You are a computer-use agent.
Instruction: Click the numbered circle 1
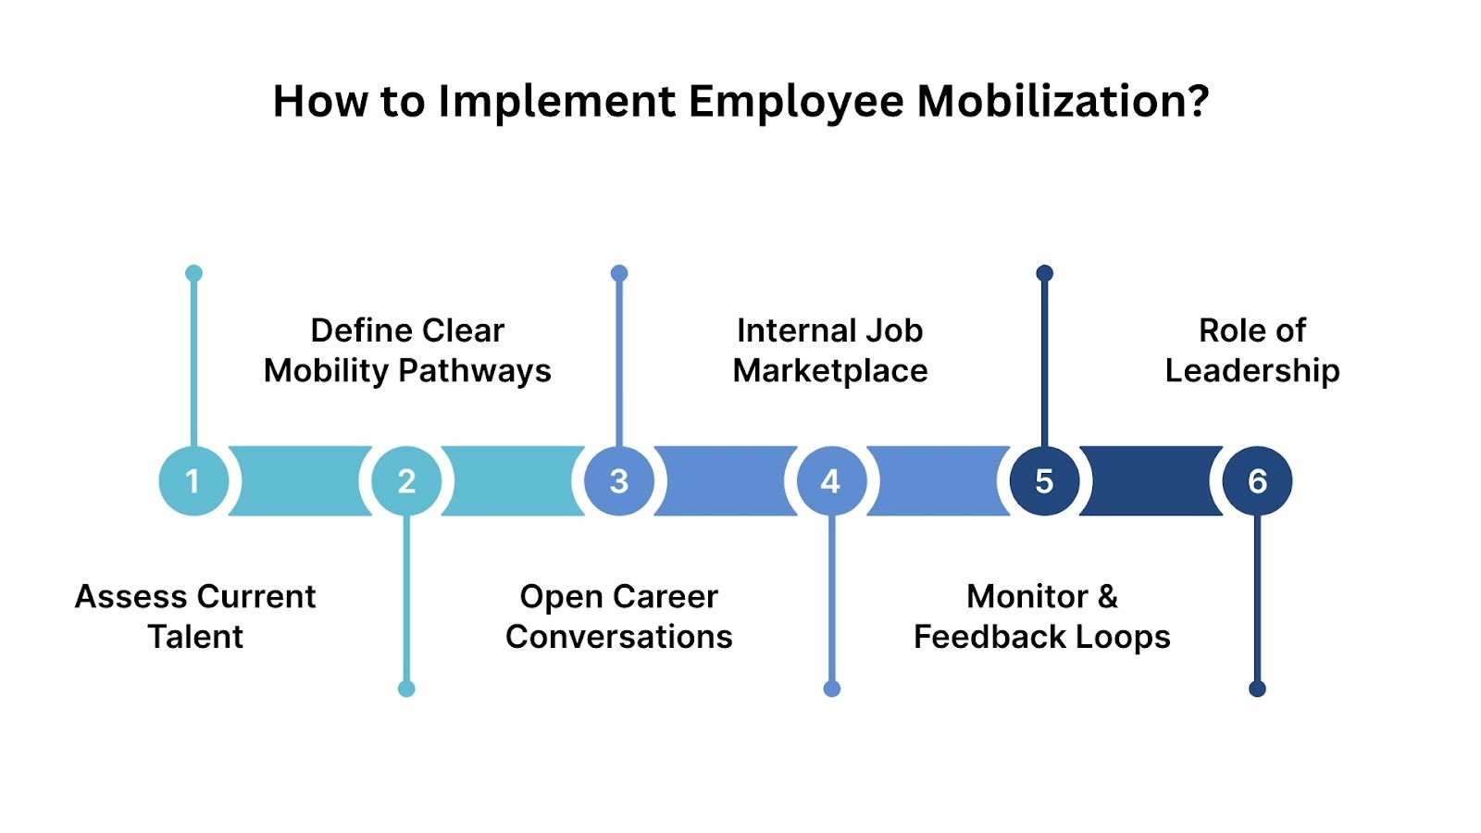tap(193, 481)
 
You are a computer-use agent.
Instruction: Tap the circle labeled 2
tap(406, 481)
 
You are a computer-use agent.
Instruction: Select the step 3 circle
tap(619, 481)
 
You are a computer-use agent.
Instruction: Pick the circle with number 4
tap(831, 481)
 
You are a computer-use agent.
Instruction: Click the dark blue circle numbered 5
tap(1044, 481)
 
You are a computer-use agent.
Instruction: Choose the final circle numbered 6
tap(1257, 481)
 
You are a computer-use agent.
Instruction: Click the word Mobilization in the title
tap(1063, 102)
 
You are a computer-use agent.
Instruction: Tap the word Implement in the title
tap(556, 102)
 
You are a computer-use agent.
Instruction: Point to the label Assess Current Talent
tap(195, 616)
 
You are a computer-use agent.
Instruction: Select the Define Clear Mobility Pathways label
tap(407, 350)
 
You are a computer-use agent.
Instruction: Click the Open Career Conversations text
tap(619, 616)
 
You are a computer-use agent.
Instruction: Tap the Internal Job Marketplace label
tap(830, 350)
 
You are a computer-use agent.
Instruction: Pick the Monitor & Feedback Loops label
tap(1042, 616)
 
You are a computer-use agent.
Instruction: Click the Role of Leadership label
tap(1252, 350)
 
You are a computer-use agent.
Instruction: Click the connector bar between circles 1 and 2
tap(300, 481)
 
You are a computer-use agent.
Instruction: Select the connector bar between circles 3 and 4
tap(725, 481)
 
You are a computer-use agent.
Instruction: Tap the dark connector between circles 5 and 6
tap(1151, 481)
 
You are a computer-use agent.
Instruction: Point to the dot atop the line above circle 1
tap(193, 273)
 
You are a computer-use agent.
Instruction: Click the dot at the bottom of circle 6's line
tap(1257, 689)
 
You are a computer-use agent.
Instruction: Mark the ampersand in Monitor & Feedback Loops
tap(1107, 597)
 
